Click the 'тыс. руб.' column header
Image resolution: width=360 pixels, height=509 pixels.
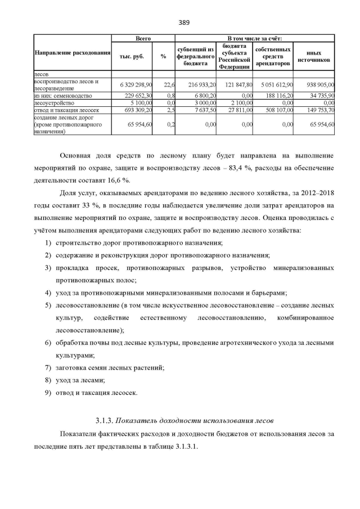pos(132,56)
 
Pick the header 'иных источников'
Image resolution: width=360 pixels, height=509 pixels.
pos(313,56)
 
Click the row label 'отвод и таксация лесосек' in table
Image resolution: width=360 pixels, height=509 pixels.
pos(62,110)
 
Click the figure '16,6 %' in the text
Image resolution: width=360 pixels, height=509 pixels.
pos(119,180)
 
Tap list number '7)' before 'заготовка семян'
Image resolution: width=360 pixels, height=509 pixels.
pos(48,367)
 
